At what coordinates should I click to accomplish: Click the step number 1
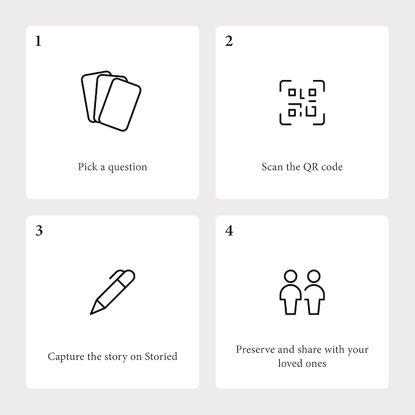[39, 41]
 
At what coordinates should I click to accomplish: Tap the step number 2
[229, 41]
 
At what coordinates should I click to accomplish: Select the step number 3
[39, 230]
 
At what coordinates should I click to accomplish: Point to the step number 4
[229, 230]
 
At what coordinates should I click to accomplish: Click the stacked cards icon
[111, 101]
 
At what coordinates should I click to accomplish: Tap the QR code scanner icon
[302, 103]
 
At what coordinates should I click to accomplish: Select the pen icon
[112, 292]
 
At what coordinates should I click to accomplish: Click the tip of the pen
[91, 314]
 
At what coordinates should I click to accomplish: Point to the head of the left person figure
[290, 276]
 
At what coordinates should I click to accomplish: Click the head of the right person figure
[314, 276]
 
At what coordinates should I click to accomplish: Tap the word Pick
[87, 167]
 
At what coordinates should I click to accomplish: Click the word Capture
[66, 357]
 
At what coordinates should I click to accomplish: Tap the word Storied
[161, 356]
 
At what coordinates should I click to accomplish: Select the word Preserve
[255, 350]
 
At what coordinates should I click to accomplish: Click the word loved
[288, 363]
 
